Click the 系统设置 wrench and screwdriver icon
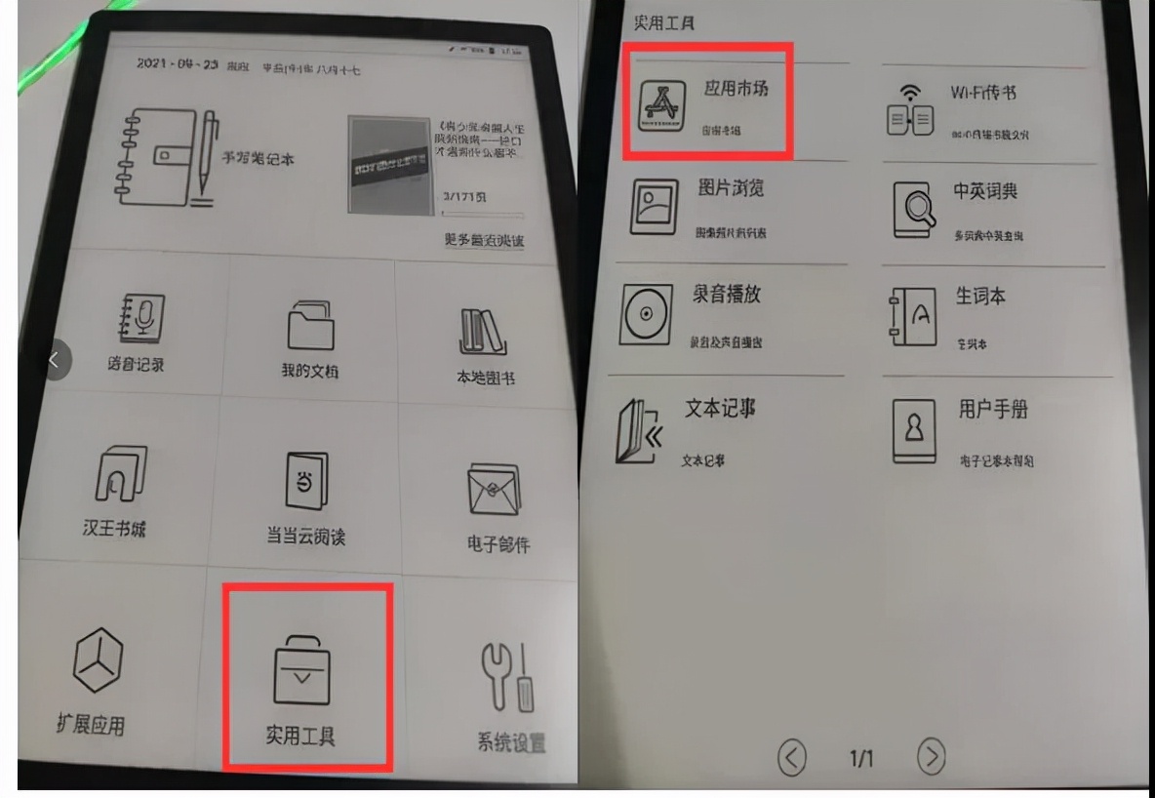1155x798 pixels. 506,676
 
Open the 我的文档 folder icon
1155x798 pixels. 310,324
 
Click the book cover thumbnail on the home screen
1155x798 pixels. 389,166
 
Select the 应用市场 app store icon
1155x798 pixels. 660,106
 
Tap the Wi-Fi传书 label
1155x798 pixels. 983,93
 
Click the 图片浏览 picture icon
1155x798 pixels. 653,206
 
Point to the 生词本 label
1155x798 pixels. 979,297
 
